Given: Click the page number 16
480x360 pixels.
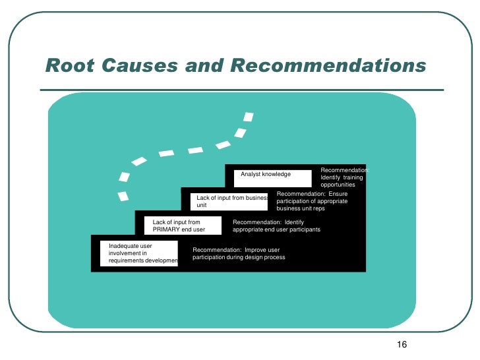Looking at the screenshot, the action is tap(404, 345).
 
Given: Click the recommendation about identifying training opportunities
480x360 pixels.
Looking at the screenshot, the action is tap(343, 177).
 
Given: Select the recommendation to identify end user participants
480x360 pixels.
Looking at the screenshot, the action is tap(276, 226).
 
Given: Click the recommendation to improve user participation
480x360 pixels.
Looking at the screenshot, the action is tap(239, 254).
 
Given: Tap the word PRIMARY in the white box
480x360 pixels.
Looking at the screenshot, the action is tap(167, 230).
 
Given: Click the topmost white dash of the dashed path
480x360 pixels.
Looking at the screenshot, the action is tap(248, 117).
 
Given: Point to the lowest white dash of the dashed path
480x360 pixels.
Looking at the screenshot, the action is tap(123, 196).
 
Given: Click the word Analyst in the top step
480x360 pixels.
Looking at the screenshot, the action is tap(251, 174).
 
